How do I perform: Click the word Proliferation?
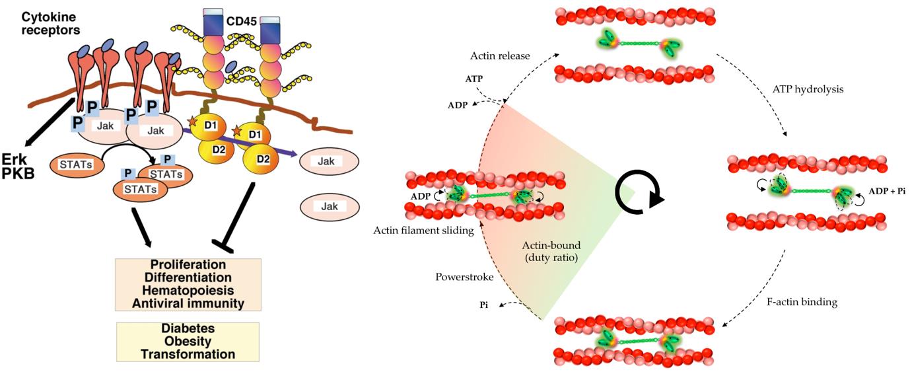pos(188,265)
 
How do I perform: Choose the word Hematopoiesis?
pos(188,291)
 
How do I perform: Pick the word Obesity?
pos(188,341)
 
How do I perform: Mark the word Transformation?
pos(188,354)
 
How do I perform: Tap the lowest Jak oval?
pos(330,207)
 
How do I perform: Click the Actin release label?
pos(500,56)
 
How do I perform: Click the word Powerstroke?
pos(464,277)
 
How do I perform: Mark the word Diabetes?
pos(188,328)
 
